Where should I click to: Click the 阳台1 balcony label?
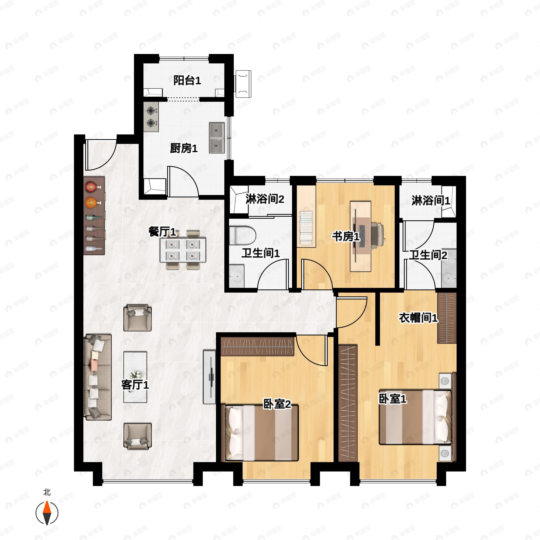(187, 81)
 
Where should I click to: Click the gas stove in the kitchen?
(151, 117)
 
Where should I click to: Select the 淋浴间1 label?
(430, 200)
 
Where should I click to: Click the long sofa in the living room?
(98, 377)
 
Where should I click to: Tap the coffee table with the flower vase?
(135, 377)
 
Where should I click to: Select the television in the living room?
(210, 377)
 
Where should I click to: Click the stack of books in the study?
(306, 228)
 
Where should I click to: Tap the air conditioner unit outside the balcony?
(243, 84)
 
